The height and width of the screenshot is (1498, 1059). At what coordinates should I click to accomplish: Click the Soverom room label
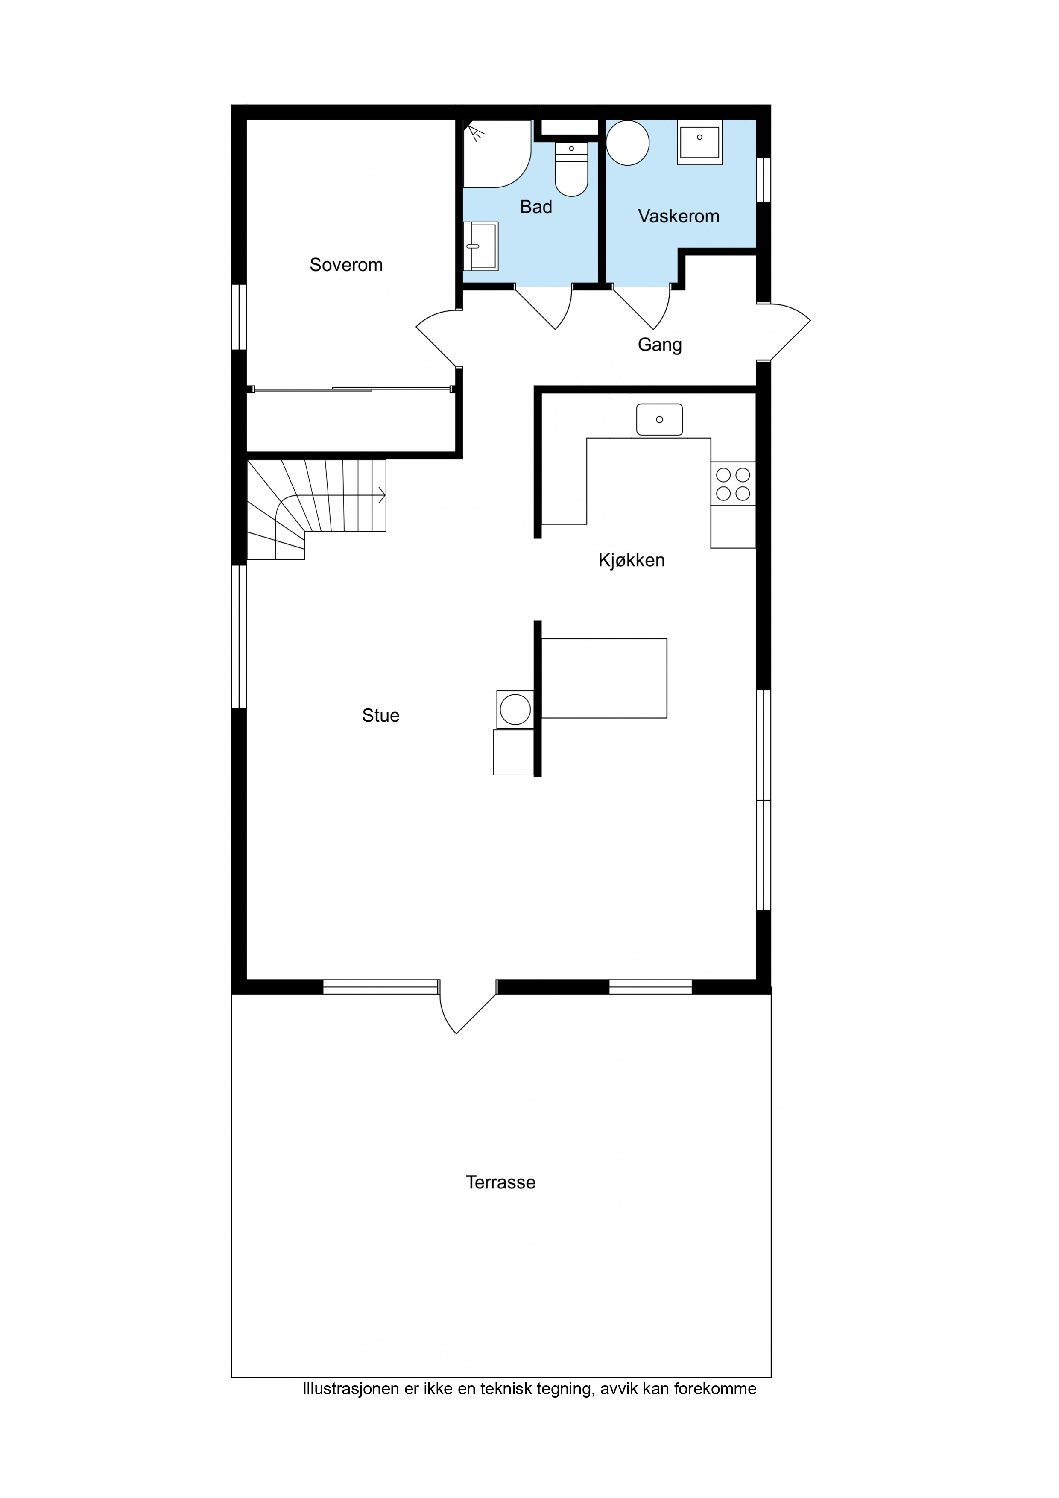pos(346,265)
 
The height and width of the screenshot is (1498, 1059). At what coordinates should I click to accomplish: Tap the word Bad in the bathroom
pos(536,207)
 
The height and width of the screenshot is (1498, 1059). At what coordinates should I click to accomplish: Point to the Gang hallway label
pos(660,345)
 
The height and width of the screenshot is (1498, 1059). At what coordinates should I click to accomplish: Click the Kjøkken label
pos(632,560)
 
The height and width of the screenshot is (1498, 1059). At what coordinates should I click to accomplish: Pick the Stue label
pos(380,716)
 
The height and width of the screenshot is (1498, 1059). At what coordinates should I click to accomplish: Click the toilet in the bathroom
pos(572,169)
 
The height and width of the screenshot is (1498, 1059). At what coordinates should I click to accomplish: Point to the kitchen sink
pos(660,419)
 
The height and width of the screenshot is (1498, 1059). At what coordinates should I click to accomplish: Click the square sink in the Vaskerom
pos(699,142)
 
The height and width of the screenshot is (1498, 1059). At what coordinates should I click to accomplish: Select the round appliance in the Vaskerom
pos(628,143)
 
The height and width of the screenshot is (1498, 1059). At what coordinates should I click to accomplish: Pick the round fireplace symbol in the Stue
pos(515,709)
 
